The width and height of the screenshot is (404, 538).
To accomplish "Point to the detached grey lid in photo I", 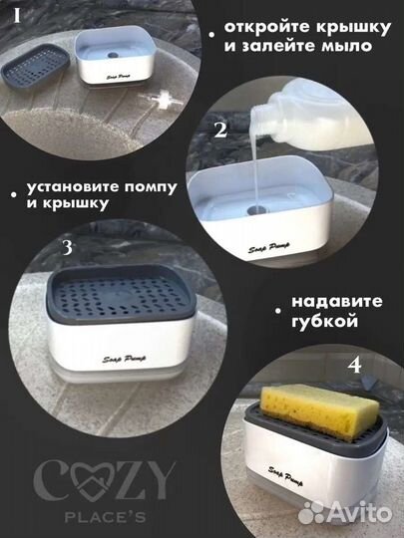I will (x=34, y=69).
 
